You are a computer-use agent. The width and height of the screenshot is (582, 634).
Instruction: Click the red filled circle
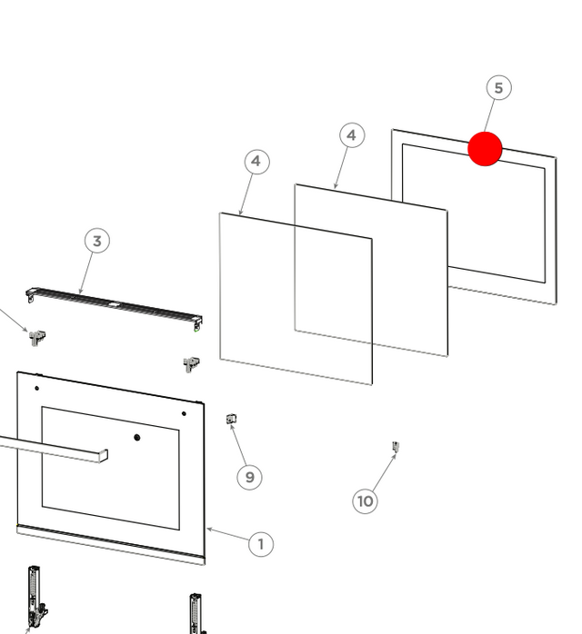(485, 148)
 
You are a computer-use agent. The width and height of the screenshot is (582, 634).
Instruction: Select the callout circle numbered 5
(498, 88)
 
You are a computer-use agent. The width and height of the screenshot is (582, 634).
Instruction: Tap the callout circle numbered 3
(97, 241)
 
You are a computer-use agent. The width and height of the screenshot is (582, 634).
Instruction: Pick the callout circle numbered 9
(249, 477)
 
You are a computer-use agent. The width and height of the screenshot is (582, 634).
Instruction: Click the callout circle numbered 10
(365, 501)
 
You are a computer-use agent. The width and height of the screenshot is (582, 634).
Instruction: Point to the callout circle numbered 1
(261, 544)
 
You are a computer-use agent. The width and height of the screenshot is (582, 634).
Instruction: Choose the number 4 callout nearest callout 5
(352, 135)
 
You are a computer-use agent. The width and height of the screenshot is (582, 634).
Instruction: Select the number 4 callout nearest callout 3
(256, 162)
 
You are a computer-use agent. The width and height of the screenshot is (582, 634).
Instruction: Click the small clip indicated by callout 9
(231, 419)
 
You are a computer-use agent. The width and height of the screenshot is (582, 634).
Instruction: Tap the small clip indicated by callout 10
(396, 446)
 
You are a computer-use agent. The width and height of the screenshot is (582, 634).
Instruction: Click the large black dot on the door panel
(137, 437)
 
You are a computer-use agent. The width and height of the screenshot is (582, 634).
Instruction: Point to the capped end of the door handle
(104, 455)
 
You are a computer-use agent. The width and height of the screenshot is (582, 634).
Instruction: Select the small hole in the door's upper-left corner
(37, 388)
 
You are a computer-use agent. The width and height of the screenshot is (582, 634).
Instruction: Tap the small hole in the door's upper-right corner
(184, 413)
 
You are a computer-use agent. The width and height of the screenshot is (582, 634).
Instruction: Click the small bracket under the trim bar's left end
(37, 338)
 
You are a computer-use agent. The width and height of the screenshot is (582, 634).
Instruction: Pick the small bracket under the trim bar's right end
(191, 364)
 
